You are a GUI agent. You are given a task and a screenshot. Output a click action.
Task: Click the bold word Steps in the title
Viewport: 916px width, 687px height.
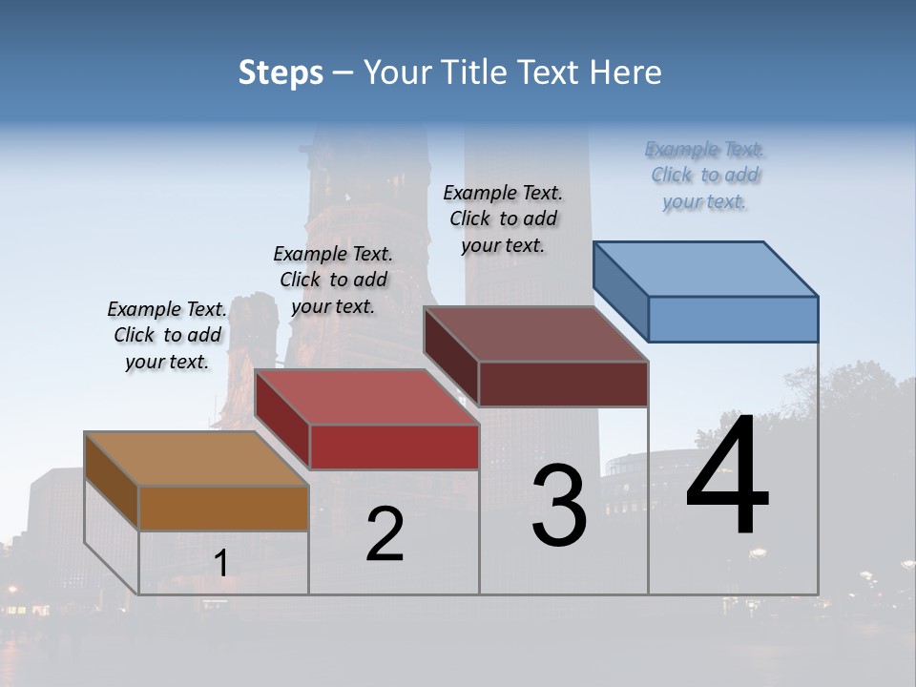point(281,73)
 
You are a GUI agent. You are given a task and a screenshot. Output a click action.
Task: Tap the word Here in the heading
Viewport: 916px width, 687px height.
point(624,73)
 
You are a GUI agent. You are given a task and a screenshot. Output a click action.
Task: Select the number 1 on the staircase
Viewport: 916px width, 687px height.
point(221,564)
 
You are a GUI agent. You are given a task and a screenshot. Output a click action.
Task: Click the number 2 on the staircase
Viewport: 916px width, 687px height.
point(385,535)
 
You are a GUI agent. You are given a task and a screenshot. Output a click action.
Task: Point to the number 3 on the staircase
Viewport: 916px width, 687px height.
point(559,506)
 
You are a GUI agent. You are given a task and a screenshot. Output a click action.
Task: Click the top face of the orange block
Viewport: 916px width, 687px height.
point(196,459)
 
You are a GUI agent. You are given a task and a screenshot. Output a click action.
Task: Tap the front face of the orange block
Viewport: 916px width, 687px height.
point(223,508)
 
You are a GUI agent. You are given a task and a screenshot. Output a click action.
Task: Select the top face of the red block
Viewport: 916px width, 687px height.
point(366,397)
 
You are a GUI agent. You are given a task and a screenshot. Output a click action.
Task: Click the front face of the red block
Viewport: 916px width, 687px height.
point(394,447)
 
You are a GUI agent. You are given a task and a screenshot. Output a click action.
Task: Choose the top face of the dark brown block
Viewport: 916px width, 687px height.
point(535,334)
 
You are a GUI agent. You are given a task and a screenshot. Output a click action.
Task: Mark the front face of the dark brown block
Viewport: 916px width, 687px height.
point(563,384)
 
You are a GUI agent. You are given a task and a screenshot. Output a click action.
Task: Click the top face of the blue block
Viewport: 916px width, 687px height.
point(705,268)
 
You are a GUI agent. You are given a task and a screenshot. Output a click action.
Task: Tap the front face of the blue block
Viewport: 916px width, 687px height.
point(733,319)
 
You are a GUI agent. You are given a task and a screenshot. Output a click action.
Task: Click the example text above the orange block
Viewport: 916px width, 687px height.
point(167,335)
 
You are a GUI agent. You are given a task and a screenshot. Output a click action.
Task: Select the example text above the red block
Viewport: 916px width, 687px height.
point(333,280)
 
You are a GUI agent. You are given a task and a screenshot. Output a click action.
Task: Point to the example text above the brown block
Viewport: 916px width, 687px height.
point(503,219)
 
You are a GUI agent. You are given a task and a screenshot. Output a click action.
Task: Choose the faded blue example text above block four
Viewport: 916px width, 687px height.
point(704,175)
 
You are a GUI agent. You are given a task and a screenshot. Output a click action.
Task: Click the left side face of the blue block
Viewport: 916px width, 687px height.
point(621,291)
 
